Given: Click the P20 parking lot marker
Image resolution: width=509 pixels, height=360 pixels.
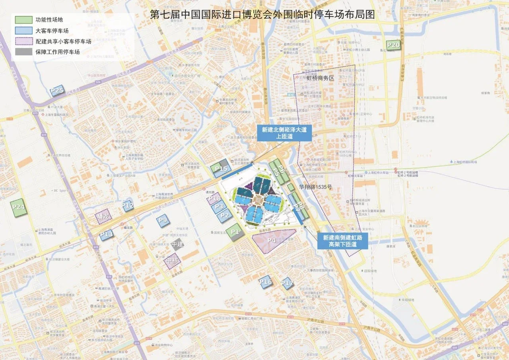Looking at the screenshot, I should pyautogui.click(x=393, y=45).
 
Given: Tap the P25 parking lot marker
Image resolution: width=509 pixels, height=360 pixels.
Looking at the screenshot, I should pyautogui.click(x=57, y=91).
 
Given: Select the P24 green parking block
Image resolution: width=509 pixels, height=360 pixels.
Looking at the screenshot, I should pyautogui.click(x=19, y=207).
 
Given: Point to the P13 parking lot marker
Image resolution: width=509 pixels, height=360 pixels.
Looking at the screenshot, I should pyautogui.click(x=106, y=234).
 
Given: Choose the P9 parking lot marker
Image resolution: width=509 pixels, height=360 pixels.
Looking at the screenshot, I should pyautogui.click(x=163, y=220).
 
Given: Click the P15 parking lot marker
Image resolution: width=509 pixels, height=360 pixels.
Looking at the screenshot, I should pyautogui.click(x=221, y=168).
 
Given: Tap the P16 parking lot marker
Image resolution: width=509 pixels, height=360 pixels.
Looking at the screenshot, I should pyautogui.click(x=265, y=282).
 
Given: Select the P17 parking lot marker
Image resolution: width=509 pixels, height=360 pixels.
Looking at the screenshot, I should pyautogui.click(x=287, y=283).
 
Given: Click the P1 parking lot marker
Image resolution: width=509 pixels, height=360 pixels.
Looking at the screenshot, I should pyautogui.click(x=235, y=232).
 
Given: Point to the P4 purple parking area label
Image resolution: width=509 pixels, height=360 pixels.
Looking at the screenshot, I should pyautogui.click(x=272, y=240).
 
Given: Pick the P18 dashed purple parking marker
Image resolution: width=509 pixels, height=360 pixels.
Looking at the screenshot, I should pyautogui.click(x=214, y=198).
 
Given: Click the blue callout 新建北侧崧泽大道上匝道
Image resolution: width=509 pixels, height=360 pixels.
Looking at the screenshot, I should pyautogui.click(x=284, y=132).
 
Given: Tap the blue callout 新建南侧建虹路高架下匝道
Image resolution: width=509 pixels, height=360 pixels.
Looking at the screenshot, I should pyautogui.click(x=342, y=241).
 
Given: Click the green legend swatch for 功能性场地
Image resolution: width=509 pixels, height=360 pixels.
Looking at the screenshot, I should pyautogui.click(x=23, y=19).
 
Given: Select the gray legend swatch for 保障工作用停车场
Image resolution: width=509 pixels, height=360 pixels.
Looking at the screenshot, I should pyautogui.click(x=23, y=52).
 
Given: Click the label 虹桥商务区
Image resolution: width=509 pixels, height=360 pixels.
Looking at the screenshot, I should pyautogui.click(x=321, y=78).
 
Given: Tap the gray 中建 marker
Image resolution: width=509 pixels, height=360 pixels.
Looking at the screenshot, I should pyautogui.click(x=177, y=244).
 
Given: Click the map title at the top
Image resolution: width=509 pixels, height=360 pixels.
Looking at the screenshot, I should pyautogui.click(x=262, y=15).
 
